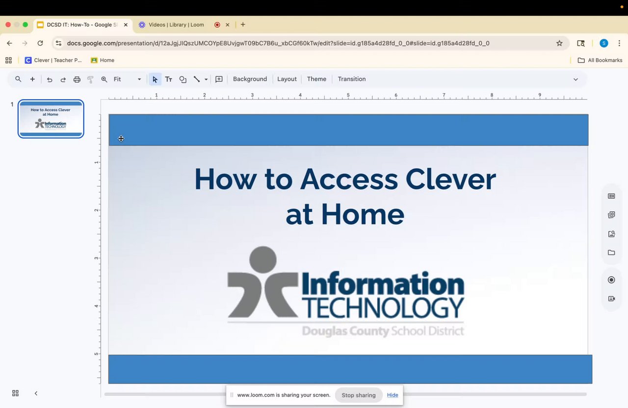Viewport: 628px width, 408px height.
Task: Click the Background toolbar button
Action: (x=250, y=79)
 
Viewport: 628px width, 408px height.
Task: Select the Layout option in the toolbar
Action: (x=287, y=79)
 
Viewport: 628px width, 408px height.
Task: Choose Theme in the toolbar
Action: (x=316, y=79)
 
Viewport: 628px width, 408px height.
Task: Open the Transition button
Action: (x=352, y=79)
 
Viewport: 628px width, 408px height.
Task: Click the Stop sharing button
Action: (x=359, y=395)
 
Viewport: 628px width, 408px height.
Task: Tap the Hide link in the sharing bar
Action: (x=392, y=395)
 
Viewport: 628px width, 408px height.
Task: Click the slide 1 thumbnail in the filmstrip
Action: (x=51, y=119)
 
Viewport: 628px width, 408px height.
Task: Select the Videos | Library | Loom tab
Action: (x=176, y=25)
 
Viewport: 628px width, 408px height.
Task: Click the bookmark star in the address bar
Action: (x=559, y=43)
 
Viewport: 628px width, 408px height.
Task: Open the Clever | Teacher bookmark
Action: (x=53, y=60)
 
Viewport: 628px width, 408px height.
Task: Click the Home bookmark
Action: (x=103, y=60)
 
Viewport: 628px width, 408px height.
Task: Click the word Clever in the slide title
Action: (x=450, y=179)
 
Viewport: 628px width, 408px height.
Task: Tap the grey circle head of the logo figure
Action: (x=262, y=259)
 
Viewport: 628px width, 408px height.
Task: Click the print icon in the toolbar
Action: (x=77, y=79)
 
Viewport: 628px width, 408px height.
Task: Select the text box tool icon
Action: (x=168, y=79)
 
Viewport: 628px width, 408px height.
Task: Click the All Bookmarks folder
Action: (x=600, y=60)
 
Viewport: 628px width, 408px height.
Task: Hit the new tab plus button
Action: (x=243, y=25)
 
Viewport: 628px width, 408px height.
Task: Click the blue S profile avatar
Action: (x=603, y=43)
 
